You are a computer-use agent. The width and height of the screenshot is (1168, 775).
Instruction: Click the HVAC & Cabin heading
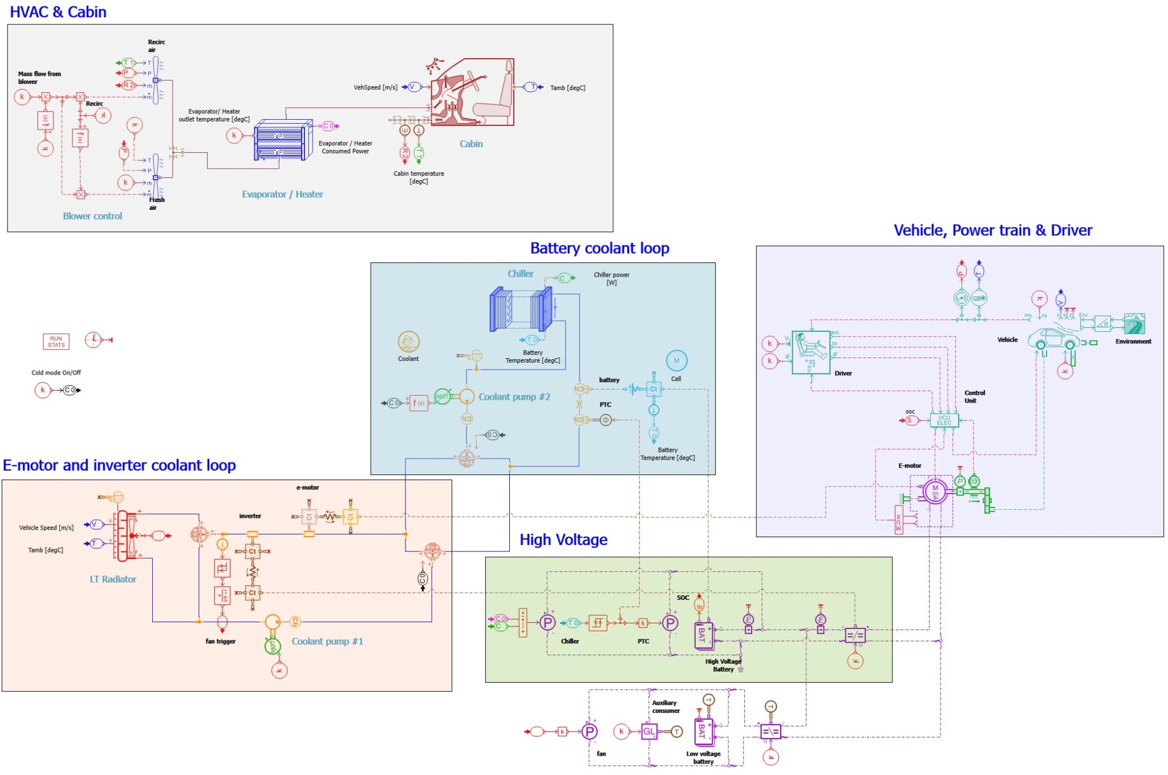coord(58,12)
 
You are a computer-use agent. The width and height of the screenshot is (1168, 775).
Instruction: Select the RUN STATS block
coord(56,342)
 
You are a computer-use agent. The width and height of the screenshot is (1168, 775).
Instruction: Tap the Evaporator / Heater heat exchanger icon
coord(283,140)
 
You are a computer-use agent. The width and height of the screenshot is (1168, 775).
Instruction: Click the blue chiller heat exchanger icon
coord(521,310)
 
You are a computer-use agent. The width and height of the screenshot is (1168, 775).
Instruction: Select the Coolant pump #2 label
coord(514,397)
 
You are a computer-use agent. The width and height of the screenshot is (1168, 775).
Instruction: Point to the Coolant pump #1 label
coord(327,641)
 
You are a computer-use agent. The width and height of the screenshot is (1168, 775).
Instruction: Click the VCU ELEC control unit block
coord(944,421)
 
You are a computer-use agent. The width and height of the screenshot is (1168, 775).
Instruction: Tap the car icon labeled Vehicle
coord(1053,339)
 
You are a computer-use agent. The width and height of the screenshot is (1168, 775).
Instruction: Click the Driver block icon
coord(810,352)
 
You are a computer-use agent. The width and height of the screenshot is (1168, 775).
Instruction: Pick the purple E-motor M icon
coord(935,491)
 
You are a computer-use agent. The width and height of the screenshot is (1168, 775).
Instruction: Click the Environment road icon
coord(1134,324)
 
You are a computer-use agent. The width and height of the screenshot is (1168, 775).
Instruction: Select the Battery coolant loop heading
coord(599,248)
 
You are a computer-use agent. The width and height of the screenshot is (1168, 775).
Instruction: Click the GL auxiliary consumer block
coord(649,731)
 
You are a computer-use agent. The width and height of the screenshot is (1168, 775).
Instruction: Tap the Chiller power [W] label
coord(611,278)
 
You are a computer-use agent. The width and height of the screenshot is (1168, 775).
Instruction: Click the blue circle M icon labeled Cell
coord(676,360)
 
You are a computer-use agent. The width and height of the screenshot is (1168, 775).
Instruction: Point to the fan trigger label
coord(220,641)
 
